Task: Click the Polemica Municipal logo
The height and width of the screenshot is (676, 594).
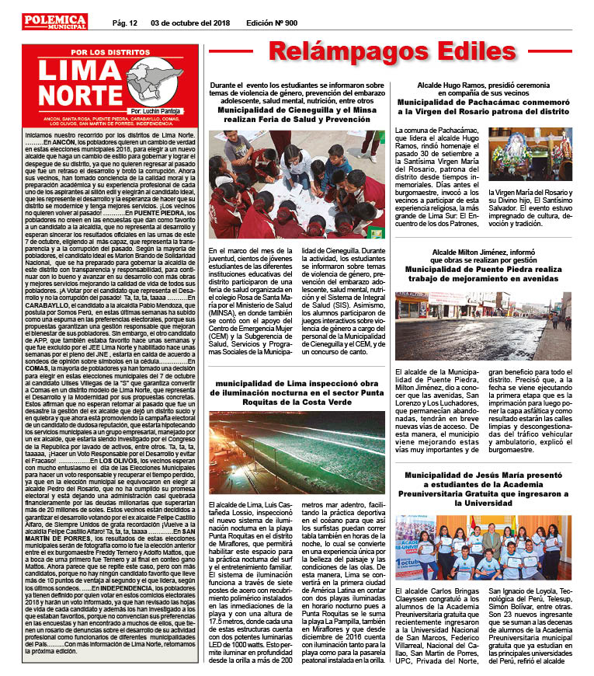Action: click(x=54, y=23)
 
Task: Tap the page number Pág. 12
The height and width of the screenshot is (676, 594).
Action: click(x=124, y=23)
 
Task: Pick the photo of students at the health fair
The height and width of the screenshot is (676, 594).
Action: click(x=297, y=185)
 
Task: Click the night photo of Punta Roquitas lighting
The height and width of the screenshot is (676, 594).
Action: click(x=297, y=442)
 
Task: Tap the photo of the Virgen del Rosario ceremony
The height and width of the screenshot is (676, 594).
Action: click(x=530, y=154)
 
